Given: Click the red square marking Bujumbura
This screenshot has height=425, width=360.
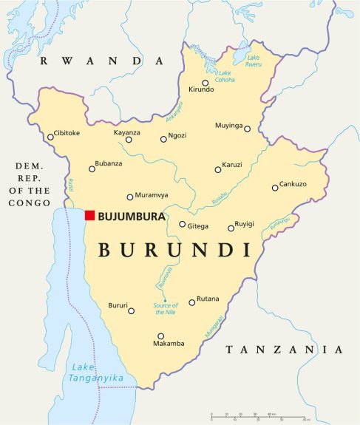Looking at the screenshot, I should point(89,215).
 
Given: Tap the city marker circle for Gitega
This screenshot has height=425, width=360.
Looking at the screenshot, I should point(183,224).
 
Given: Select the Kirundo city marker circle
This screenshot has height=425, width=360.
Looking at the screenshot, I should point(206,83).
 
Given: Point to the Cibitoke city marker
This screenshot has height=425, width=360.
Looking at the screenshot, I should point(50,136).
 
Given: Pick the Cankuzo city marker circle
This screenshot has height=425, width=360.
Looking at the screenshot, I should point(275,187).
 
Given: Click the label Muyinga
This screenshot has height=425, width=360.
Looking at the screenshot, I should point(228,126).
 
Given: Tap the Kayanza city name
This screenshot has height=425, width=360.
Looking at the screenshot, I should point(126,132).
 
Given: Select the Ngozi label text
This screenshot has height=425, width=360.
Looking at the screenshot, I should point(177,136).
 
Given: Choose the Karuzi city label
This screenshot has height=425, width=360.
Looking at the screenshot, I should point(232,165).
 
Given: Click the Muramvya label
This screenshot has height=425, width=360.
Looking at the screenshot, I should point(152,196).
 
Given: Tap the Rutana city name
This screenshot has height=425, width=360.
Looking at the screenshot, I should point(208,299).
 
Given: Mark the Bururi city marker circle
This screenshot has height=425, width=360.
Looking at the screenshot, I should point(132,311).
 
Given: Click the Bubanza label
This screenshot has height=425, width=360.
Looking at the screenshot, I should point(108,163).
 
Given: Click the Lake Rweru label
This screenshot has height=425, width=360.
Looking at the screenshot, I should point(254,61).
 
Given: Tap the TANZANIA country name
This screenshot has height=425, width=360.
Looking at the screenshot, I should point(285,349).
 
